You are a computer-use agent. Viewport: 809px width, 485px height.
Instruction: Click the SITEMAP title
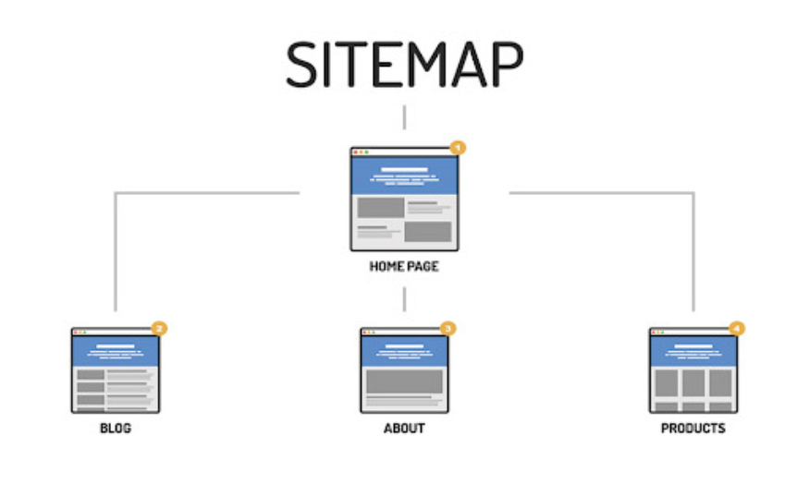pyautogui.click(x=405, y=65)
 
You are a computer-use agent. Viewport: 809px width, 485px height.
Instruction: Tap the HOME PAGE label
pyautogui.click(x=404, y=266)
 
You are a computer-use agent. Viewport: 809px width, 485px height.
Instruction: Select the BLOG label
pyautogui.click(x=116, y=429)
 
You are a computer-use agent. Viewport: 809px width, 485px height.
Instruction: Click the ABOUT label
pyautogui.click(x=404, y=429)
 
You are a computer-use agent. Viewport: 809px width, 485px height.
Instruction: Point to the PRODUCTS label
pyautogui.click(x=693, y=429)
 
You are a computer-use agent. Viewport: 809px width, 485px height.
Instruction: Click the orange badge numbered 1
pyautogui.click(x=458, y=148)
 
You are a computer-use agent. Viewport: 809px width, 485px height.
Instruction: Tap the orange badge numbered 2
pyautogui.click(x=159, y=328)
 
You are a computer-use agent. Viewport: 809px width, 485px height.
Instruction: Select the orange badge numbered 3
pyautogui.click(x=448, y=328)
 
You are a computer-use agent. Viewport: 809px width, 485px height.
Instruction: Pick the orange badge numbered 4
pyautogui.click(x=737, y=328)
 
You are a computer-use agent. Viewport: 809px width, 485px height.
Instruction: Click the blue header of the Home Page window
pyautogui.click(x=405, y=176)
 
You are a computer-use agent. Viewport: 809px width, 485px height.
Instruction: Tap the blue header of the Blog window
pyautogui.click(x=116, y=351)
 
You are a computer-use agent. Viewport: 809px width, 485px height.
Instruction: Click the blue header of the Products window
pyautogui.click(x=693, y=351)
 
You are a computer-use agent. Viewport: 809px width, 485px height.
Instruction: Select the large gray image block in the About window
pyautogui.click(x=405, y=382)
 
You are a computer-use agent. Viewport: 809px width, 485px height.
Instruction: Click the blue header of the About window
pyautogui.click(x=405, y=351)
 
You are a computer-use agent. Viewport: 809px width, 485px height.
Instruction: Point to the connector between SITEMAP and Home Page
pyautogui.click(x=405, y=117)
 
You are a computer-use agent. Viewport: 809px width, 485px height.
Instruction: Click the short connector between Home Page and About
pyautogui.click(x=405, y=299)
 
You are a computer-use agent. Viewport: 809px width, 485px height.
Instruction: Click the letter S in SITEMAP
pyautogui.click(x=301, y=65)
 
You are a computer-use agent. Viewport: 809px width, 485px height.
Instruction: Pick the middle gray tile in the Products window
pyautogui.click(x=693, y=383)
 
